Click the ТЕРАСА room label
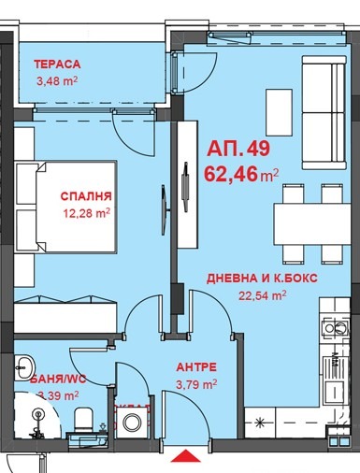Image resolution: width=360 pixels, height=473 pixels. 58,64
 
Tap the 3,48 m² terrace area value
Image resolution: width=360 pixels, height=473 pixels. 57,82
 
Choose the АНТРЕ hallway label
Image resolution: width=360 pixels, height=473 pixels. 197,367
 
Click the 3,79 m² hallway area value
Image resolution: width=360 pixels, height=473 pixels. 197,383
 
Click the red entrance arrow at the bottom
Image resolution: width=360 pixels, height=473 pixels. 188,457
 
